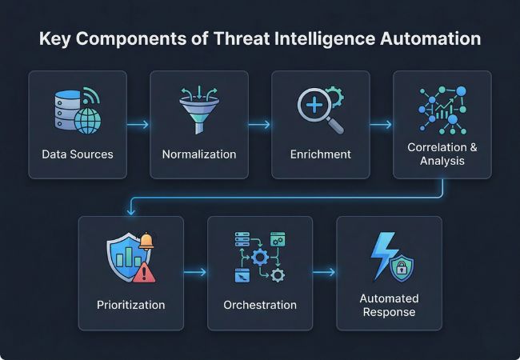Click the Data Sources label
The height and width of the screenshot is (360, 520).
[78, 154]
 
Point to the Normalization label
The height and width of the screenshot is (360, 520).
[199, 154]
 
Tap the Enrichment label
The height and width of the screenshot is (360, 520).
[320, 154]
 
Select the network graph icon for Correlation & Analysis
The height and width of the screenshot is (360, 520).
[442, 110]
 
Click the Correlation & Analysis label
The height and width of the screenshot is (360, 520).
[442, 154]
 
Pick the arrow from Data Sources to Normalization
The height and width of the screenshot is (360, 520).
[138, 125]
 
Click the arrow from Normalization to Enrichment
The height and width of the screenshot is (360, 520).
[259, 125]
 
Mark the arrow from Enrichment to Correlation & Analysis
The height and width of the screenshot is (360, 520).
[381, 125]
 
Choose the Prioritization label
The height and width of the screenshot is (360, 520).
[131, 305]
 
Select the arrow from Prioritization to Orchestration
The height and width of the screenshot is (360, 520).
[195, 273]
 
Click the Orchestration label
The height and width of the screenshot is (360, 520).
[260, 305]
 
